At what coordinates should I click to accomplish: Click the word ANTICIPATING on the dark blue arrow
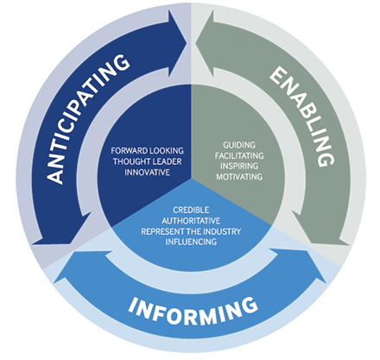pos(87,119)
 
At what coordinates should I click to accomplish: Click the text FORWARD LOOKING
pos(147,151)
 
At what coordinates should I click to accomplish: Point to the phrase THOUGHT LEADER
pos(147,161)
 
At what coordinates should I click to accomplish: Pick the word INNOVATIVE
pos(147,172)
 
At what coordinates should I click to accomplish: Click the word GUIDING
pos(239,145)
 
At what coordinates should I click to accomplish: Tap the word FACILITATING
pos(239,155)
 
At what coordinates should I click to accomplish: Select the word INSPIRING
pos(239,166)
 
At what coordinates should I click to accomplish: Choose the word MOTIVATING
pos(239,176)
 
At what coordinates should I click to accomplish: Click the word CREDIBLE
pos(191,210)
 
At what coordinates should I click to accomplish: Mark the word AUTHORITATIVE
pos(191,221)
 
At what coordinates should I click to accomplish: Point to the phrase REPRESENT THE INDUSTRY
pos(191,231)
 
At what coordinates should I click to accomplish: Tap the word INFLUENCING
pos(191,242)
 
